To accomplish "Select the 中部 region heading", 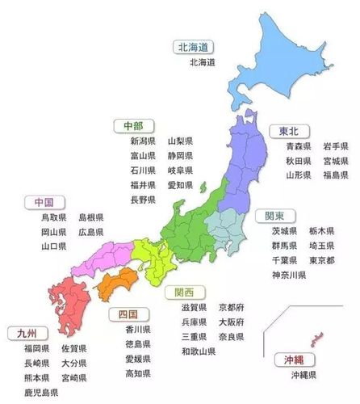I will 132,125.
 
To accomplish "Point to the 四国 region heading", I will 127,314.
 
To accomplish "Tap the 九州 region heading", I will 27,333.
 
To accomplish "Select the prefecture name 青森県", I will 299,146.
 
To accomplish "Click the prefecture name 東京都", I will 322,260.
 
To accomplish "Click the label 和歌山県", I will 199,351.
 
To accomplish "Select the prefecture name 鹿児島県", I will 41,393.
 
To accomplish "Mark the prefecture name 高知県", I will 138,373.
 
